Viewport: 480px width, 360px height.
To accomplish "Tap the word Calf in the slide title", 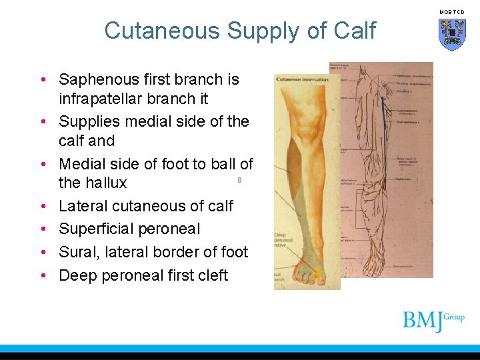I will pyautogui.click(x=355, y=31).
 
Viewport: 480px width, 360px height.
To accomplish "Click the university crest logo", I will pyautogui.click(x=452, y=34).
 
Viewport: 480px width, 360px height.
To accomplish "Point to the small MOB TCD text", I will pyautogui.click(x=452, y=12).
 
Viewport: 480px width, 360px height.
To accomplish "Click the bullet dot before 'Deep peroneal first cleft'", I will pyautogui.click(x=42, y=275).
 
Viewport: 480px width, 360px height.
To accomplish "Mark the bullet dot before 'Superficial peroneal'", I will pyautogui.click(x=42, y=229).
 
